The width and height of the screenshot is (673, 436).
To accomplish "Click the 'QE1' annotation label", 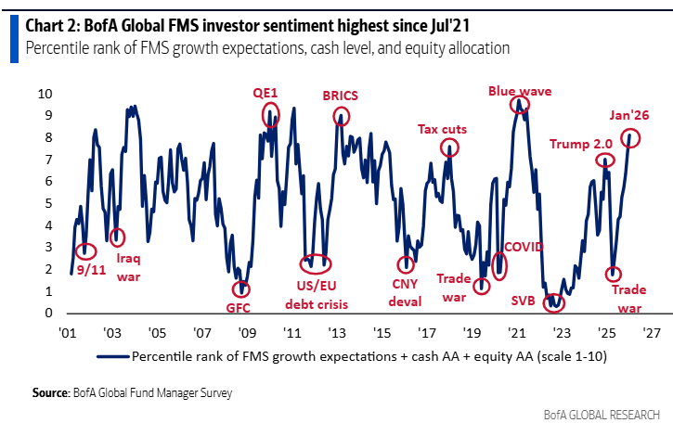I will click(266, 93).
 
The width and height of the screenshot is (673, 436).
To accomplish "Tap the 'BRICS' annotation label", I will click(342, 96).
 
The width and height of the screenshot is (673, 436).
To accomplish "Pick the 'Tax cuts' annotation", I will click(442, 129).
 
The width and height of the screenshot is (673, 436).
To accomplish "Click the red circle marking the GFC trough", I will click(241, 289).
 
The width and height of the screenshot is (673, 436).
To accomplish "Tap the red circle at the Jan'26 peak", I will click(631, 139).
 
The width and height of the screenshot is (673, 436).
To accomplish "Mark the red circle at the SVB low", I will click(554, 301).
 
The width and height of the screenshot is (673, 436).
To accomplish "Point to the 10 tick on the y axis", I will click(45, 94).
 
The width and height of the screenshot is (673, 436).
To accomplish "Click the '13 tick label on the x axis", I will click(337, 332).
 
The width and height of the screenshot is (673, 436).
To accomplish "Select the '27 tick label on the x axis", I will click(651, 332).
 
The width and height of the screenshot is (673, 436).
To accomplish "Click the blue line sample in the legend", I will click(110, 355).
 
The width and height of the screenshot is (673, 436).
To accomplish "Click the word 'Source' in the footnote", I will click(51, 393).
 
